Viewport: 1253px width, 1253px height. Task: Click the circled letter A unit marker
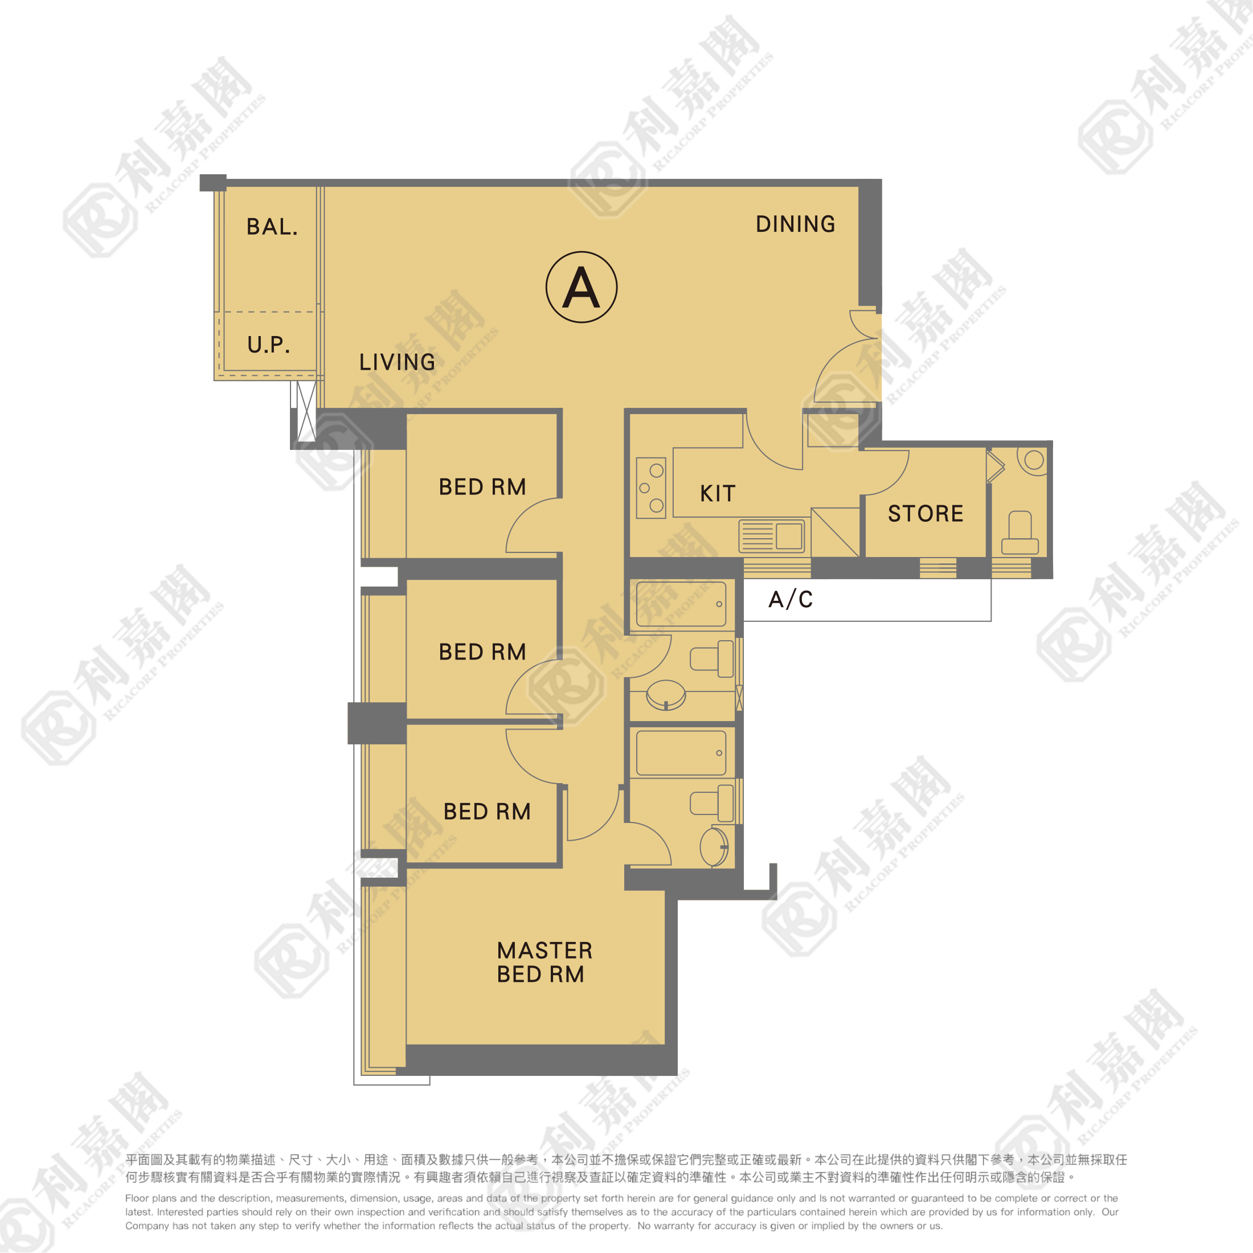pyautogui.click(x=581, y=287)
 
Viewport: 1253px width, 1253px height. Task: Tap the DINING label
pyautogui.click(x=795, y=224)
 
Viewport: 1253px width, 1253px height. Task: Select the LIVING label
pyautogui.click(x=397, y=362)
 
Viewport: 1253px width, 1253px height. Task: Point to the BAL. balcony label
pyautogui.click(x=272, y=227)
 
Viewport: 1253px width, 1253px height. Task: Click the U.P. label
pyautogui.click(x=268, y=345)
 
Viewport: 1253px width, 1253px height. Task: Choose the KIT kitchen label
pyautogui.click(x=717, y=494)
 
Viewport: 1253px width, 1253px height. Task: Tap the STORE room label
pyautogui.click(x=925, y=514)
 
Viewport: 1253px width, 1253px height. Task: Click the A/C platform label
pyautogui.click(x=790, y=599)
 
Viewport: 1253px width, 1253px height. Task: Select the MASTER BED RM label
pyautogui.click(x=544, y=963)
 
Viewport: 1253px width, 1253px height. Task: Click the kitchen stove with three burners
pyautogui.click(x=650, y=488)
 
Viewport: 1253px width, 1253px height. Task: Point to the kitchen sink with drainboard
pyautogui.click(x=772, y=537)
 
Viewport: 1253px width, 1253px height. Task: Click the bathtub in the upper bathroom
pyautogui.click(x=681, y=604)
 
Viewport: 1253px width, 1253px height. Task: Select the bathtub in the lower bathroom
pyautogui.click(x=681, y=752)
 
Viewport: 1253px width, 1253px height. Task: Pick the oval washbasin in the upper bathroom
pyautogui.click(x=665, y=696)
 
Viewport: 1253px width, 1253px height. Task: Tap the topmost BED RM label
pyautogui.click(x=482, y=487)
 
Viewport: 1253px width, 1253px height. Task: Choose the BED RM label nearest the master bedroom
pyautogui.click(x=486, y=812)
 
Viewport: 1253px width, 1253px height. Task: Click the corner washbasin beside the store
pyautogui.click(x=1034, y=460)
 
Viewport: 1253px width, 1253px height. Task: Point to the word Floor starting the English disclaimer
pyautogui.click(x=137, y=1198)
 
